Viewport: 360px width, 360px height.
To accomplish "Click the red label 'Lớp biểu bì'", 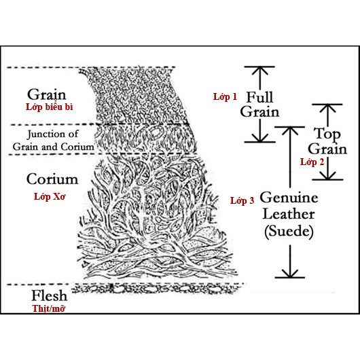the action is click(49, 107).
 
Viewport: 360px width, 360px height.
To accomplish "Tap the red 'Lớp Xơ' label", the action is click(50, 196).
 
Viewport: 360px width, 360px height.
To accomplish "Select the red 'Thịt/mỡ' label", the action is click(48, 308).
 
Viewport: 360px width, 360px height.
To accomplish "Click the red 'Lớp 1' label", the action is click(225, 96).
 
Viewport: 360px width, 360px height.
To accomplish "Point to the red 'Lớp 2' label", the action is click(312, 162).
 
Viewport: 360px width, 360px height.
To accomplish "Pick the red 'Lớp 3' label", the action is click(242, 200).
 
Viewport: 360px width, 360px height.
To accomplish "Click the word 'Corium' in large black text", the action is click(52, 179).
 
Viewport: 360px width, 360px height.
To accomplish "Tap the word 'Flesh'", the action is click(50, 295).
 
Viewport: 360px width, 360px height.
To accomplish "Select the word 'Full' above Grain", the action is click(259, 97).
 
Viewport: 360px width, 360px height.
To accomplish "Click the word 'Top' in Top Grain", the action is click(327, 134).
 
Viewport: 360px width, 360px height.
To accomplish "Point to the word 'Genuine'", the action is click(289, 198).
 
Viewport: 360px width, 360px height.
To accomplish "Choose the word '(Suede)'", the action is click(289, 231).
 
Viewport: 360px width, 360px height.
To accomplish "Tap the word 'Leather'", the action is click(289, 214).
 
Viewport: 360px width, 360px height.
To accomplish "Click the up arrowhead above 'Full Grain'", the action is click(260, 71).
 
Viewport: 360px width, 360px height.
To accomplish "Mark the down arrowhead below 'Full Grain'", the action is click(260, 138).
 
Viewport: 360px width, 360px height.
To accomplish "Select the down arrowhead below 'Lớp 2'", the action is click(327, 175).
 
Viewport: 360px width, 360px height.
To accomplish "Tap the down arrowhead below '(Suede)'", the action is click(290, 274).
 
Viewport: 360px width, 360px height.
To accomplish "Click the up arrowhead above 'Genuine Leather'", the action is click(290, 131).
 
